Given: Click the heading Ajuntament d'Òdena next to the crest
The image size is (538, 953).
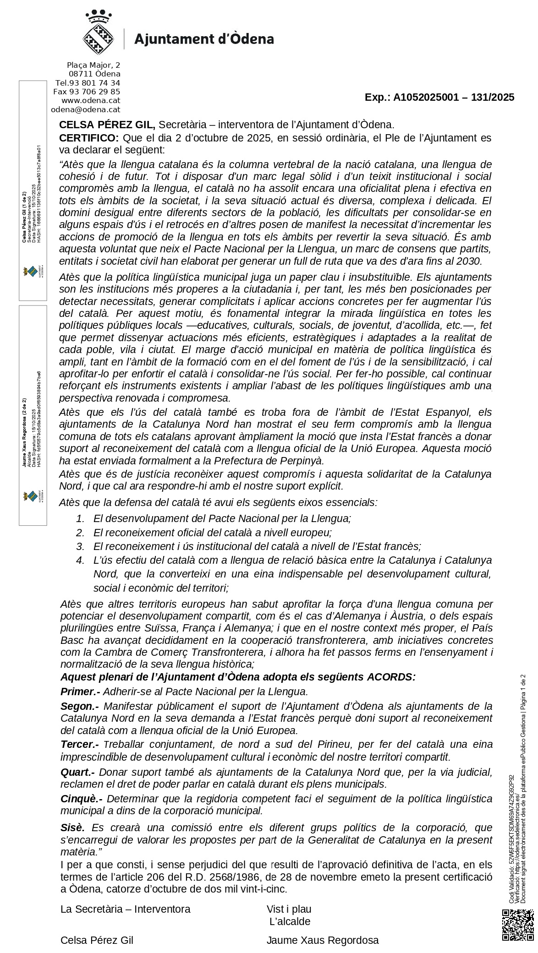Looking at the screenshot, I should pyautogui.click(x=204, y=39).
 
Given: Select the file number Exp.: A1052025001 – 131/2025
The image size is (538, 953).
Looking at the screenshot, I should pyautogui.click(x=439, y=97).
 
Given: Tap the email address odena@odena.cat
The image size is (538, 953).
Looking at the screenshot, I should pyautogui.click(x=85, y=109).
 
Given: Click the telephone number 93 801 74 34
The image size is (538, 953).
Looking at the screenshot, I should pyautogui.click(x=94, y=83).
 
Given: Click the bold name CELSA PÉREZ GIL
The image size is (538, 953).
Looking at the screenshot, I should pyautogui.click(x=107, y=125).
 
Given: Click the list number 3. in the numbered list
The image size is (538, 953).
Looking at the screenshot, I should pyautogui.click(x=81, y=546).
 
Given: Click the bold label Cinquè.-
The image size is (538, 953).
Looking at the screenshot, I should pyautogui.click(x=82, y=799).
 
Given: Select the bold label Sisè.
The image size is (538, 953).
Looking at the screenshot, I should pyautogui.click(x=73, y=828).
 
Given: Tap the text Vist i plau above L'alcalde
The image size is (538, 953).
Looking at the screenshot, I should pyautogui.click(x=289, y=909).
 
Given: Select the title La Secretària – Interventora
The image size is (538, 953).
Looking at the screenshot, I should pyautogui.click(x=125, y=909).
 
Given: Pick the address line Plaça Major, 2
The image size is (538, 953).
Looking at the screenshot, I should pyautogui.click(x=93, y=65).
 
